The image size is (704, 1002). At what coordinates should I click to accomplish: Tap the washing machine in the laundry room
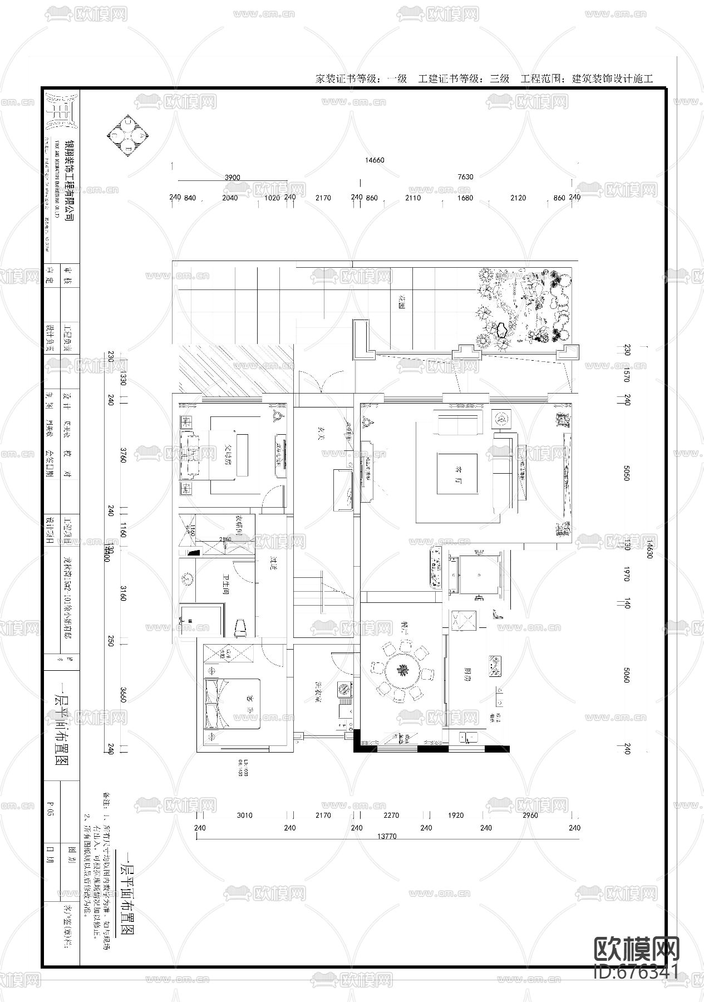coord(345,689)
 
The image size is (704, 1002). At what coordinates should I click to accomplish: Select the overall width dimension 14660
coord(375,160)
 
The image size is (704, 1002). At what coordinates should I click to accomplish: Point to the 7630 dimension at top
coord(465,177)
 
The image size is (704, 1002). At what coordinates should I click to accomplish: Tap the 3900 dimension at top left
coord(232,178)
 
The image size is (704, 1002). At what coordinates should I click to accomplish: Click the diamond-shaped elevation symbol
coord(129,135)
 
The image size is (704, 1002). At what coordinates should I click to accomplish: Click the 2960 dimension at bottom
coord(530,815)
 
